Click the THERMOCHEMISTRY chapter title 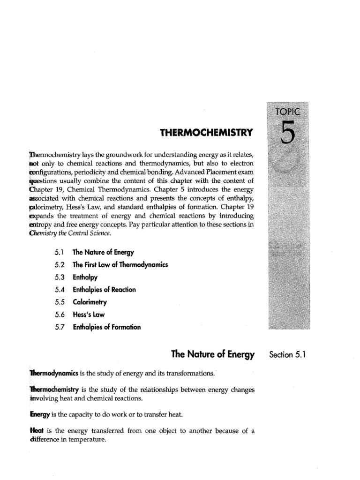point(206,133)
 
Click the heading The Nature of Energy point(213,355)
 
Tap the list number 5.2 point(61,264)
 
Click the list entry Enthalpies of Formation point(107,327)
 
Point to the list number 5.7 point(61,327)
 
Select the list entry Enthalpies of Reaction point(105,289)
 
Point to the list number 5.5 point(61,302)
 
